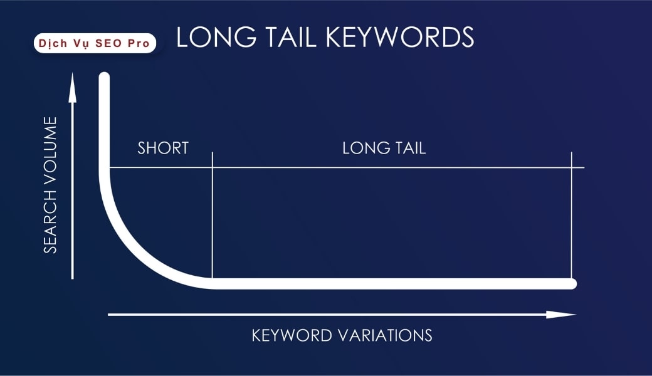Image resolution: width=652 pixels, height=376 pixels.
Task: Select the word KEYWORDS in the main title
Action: click(x=396, y=38)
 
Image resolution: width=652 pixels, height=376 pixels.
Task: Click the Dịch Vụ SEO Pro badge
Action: click(x=95, y=43)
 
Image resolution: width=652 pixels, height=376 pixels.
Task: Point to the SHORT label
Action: click(x=163, y=149)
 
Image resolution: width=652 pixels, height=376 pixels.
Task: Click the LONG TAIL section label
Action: click(x=384, y=149)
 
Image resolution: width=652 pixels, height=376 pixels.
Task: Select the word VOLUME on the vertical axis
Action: click(x=50, y=149)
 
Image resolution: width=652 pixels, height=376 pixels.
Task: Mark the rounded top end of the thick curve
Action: click(x=104, y=78)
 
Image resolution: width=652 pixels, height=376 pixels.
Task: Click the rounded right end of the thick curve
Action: click(x=571, y=284)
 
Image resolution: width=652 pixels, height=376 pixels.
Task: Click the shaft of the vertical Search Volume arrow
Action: click(x=73, y=188)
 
